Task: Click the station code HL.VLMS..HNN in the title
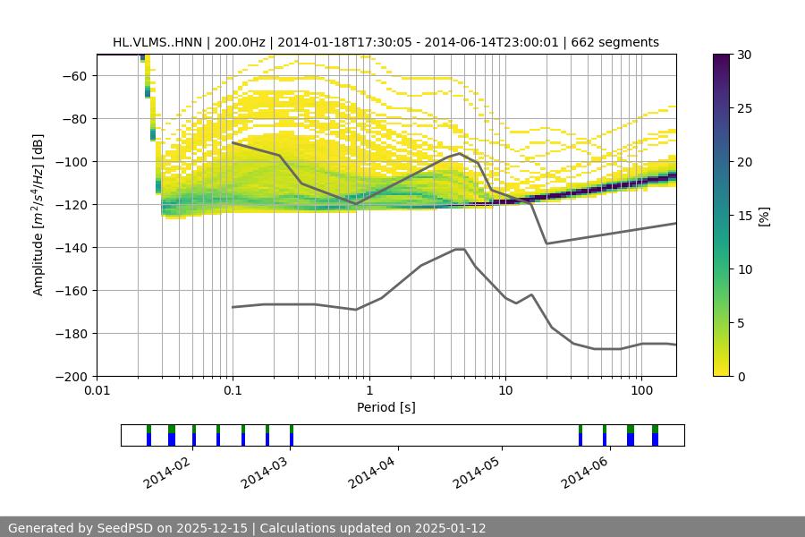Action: click(157, 42)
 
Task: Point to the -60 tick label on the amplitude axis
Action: click(72, 75)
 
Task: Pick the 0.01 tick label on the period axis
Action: click(97, 391)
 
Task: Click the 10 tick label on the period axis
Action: click(504, 391)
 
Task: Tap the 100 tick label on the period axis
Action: click(640, 391)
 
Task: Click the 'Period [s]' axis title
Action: click(386, 407)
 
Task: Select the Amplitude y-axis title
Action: click(38, 215)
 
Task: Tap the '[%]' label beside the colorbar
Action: click(764, 216)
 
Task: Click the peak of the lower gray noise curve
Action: click(460, 249)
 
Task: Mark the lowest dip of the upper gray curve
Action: click(547, 243)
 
